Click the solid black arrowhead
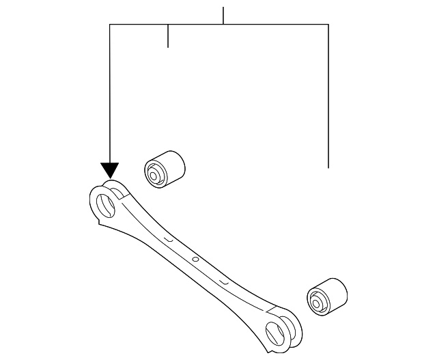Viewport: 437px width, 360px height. click(109, 170)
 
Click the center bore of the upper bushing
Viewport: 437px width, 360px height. click(155, 173)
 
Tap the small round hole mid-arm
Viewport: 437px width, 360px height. click(195, 259)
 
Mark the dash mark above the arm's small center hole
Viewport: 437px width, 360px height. click(168, 238)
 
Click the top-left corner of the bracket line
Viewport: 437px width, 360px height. click(110, 25)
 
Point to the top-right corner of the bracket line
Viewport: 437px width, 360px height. click(328, 25)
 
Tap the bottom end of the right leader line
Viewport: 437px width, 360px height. click(328, 167)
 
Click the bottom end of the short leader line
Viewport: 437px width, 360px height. click(168, 47)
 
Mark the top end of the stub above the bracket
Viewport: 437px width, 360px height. click(223, 8)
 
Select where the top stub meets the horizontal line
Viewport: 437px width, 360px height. click(223, 25)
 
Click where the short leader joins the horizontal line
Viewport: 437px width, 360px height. click(168, 25)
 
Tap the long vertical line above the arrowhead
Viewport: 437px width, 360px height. click(110, 96)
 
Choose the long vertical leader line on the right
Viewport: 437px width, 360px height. click(328, 96)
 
